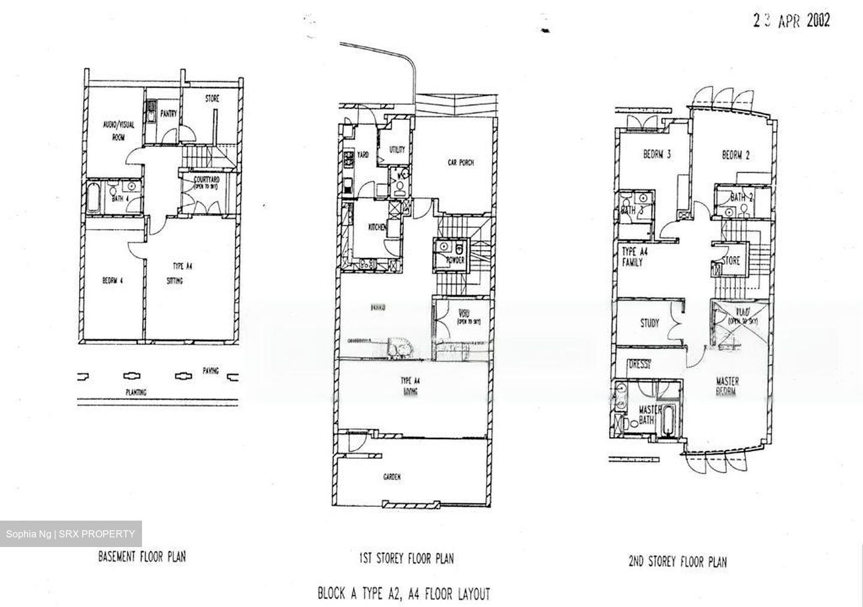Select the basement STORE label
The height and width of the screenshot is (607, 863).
click(x=212, y=99)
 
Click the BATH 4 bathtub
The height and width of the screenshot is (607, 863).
click(x=93, y=199)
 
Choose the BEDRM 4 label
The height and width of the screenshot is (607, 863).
click(x=113, y=281)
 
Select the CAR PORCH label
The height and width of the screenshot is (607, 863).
click(x=461, y=163)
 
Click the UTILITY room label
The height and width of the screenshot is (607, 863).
click(x=397, y=149)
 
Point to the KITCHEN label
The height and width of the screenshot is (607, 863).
click(x=377, y=227)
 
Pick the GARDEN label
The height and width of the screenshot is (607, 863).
click(x=392, y=477)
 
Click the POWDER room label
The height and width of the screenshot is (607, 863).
click(x=455, y=260)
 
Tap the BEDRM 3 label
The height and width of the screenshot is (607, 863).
click(x=656, y=155)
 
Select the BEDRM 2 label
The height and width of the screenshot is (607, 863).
click(x=735, y=155)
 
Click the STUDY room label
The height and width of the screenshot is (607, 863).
click(x=650, y=323)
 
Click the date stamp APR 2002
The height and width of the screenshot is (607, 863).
click(x=791, y=21)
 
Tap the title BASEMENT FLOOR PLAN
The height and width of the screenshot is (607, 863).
click(x=142, y=557)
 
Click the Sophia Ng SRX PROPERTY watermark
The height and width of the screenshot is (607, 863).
click(x=71, y=534)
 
